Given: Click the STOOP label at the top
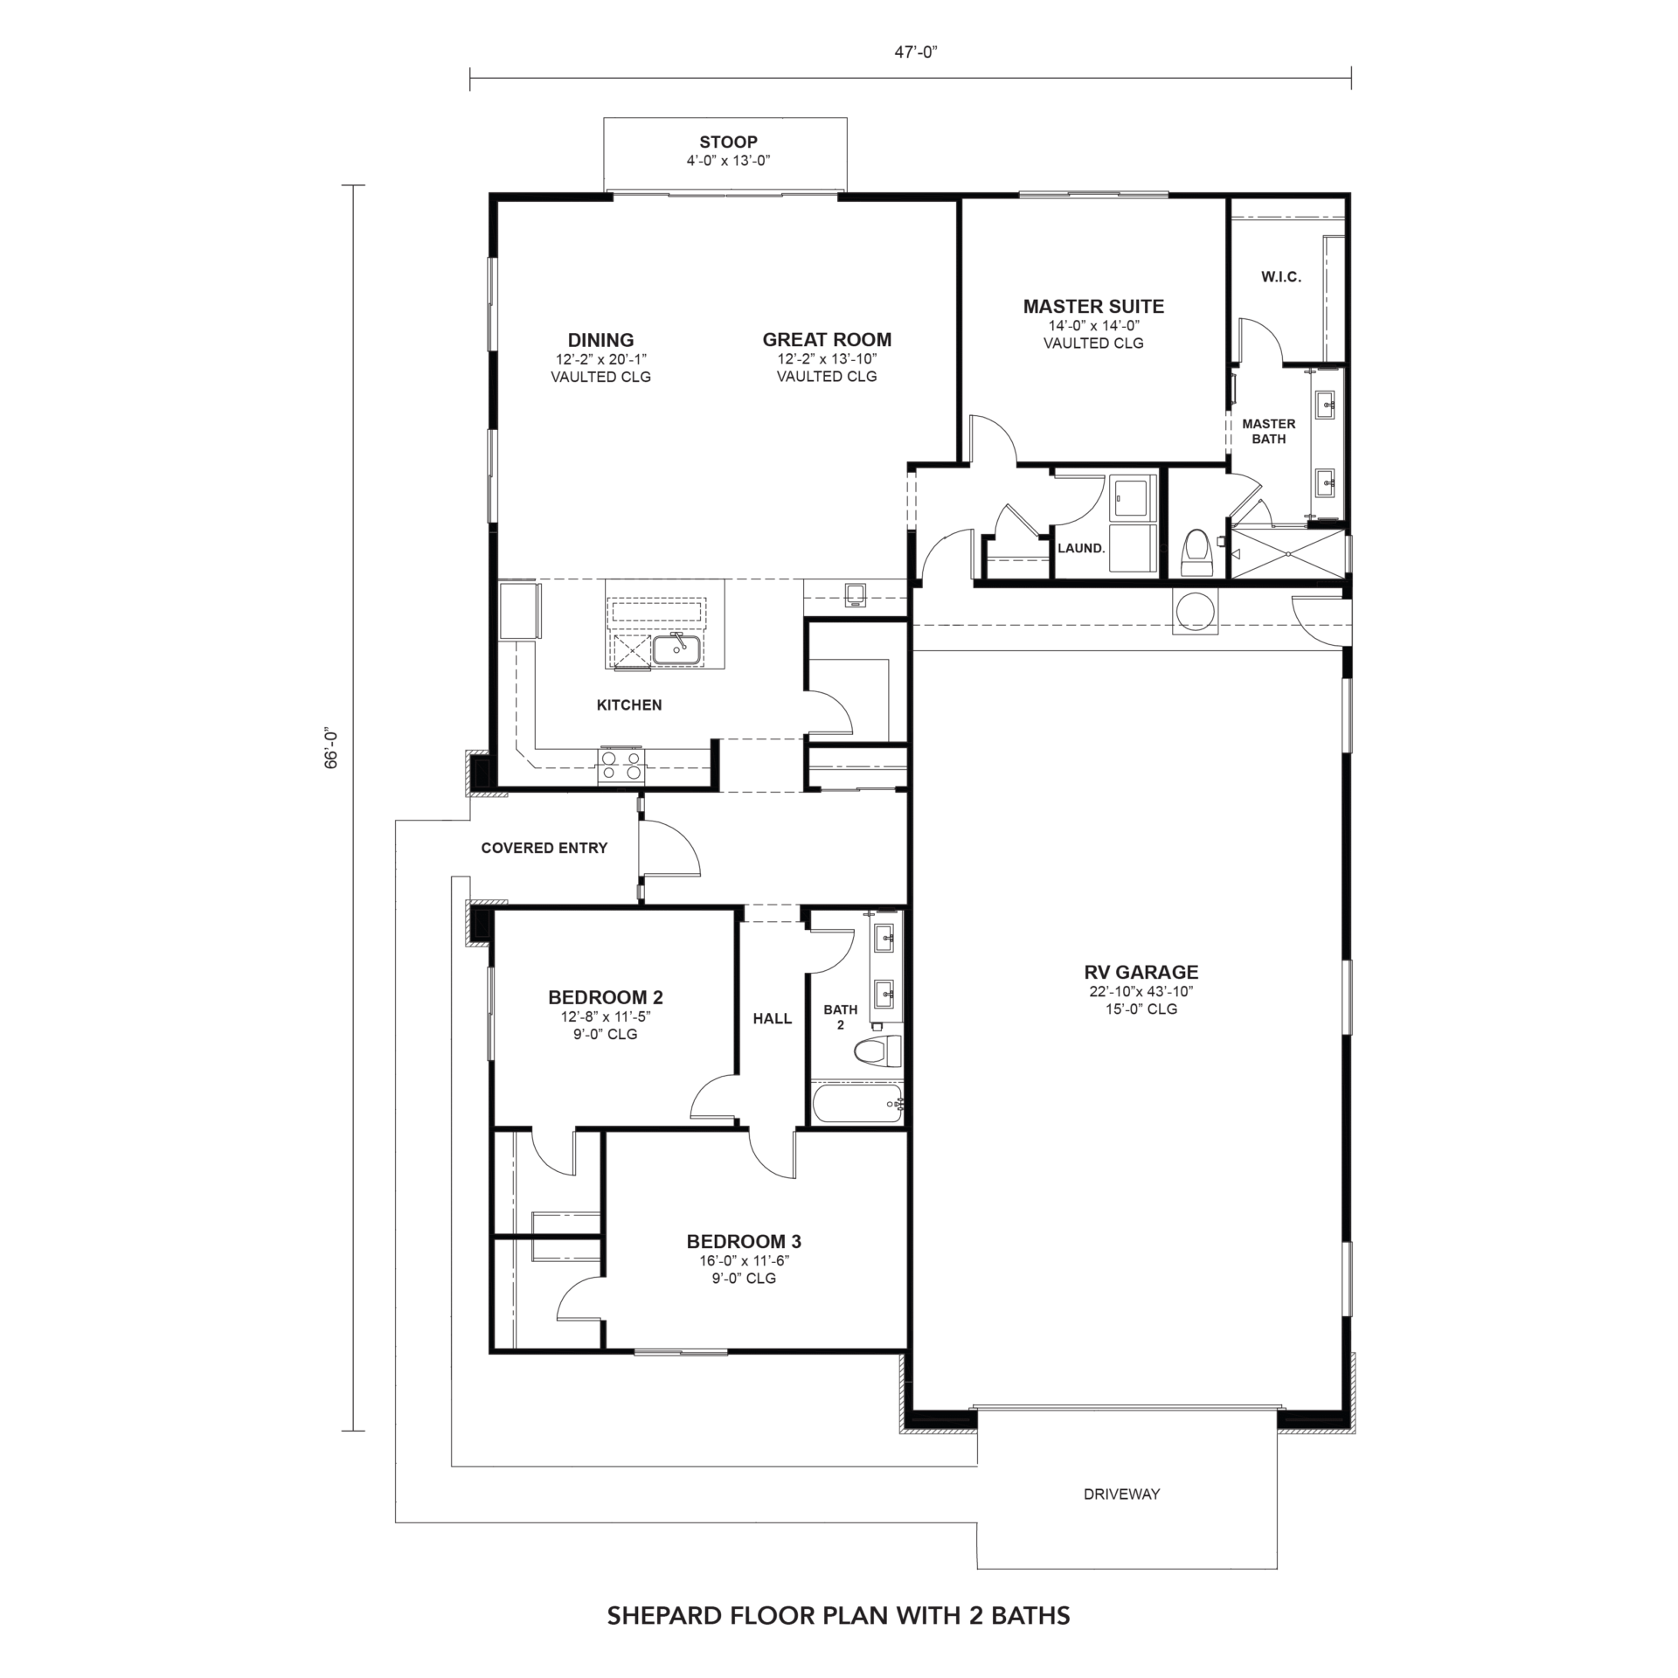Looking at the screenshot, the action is [x=728, y=142].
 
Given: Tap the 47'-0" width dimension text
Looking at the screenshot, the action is [x=915, y=52].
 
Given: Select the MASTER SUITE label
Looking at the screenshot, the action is [x=1093, y=307].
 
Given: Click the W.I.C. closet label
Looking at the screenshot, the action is [x=1281, y=277].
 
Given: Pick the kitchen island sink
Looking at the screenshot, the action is [x=676, y=649].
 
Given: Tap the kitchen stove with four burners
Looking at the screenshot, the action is [x=621, y=766].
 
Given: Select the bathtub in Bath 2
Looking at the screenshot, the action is [x=857, y=1104].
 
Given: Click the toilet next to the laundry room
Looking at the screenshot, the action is [x=1196, y=553].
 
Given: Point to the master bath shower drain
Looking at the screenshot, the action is [x=1288, y=553].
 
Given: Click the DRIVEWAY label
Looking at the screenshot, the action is [x=1121, y=1494].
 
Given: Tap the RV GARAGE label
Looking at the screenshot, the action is [x=1141, y=972].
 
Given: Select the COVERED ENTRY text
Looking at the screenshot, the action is [x=544, y=848].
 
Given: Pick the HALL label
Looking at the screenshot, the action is [x=773, y=1018].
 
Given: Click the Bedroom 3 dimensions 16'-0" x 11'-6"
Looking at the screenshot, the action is [x=744, y=1260].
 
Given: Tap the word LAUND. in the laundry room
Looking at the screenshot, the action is [x=1081, y=549].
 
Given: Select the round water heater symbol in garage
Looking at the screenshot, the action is [x=1195, y=611].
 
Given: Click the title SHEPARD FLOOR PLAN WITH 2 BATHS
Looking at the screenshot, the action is [x=838, y=1616].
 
